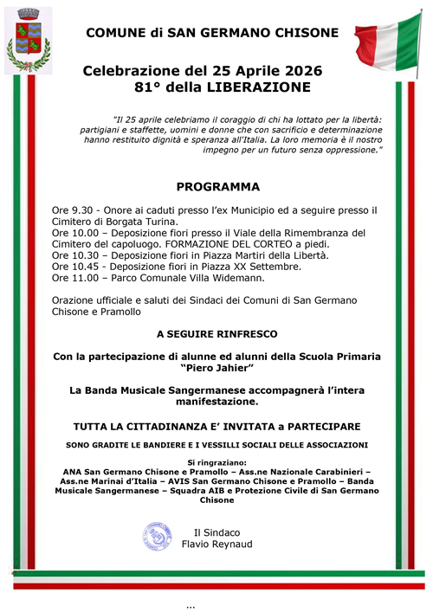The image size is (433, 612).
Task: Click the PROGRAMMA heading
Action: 217,185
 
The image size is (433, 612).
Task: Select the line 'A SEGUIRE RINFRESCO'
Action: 216,332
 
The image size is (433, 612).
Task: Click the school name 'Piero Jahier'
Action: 216,368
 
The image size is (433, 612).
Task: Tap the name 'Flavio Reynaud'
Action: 217,544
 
